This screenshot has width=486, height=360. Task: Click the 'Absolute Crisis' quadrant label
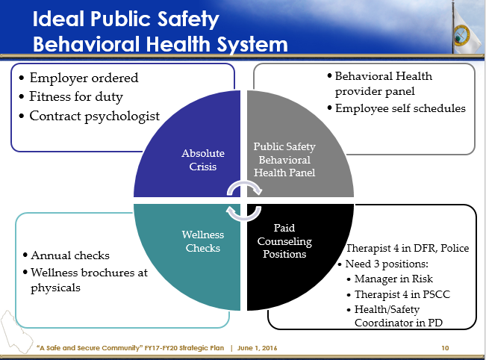203,160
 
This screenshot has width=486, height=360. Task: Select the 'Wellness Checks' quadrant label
203,241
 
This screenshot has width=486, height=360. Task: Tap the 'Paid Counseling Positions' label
284,241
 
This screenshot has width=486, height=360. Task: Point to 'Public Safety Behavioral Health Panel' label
284,159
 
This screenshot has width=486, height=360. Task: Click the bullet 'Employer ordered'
84,78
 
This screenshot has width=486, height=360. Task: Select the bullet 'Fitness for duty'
76,97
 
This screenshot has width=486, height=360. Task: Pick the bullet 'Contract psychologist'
95,116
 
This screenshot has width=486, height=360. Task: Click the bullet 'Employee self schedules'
400,108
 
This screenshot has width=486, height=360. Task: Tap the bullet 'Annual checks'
70,255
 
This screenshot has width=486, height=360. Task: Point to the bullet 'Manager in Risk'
393,279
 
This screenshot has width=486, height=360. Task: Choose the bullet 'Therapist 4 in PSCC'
402,294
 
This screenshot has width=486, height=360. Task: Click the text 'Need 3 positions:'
387,264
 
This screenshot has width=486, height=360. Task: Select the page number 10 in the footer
445,348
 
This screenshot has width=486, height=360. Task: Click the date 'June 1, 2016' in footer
258,348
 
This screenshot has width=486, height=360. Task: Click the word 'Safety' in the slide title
188,19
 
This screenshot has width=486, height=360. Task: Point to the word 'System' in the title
252,45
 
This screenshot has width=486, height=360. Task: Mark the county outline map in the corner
17,332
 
